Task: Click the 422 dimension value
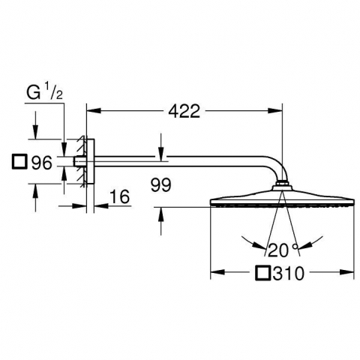coord(184,111)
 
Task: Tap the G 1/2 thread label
coord(45,93)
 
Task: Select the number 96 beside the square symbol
coord(41,163)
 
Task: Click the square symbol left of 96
coord(19,161)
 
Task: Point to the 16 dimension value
coord(119,196)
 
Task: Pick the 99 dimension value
coord(161,185)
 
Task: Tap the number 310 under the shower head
coord(289,273)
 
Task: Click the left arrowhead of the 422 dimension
coord(94,110)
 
